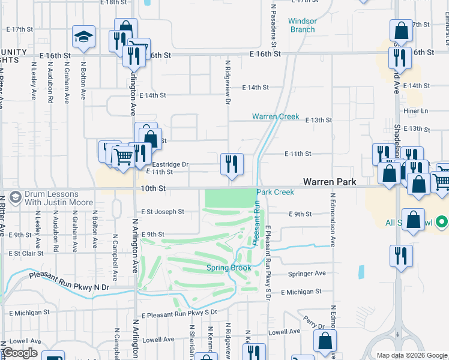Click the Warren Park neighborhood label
coord(330,181)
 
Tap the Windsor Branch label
coord(302,25)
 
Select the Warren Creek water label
coord(276,116)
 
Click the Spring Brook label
coord(229,268)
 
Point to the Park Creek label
coord(276,192)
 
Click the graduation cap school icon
coord(84,37)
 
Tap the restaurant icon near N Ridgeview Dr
coord(232,164)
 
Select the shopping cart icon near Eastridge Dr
coord(124,157)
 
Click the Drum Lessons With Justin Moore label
coord(53,199)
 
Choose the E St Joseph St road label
coord(163,212)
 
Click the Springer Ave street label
coord(307,273)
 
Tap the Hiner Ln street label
coord(416,110)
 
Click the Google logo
coord(19,353)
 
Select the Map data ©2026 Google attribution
coord(411,355)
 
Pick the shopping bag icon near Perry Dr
coord(325,341)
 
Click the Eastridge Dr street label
coord(170,164)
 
